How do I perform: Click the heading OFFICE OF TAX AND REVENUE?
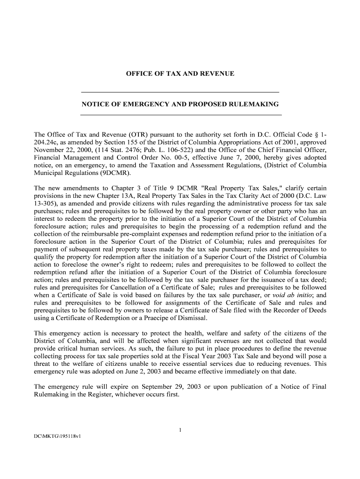[x=180, y=74]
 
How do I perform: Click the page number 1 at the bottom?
[x=180, y=430]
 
